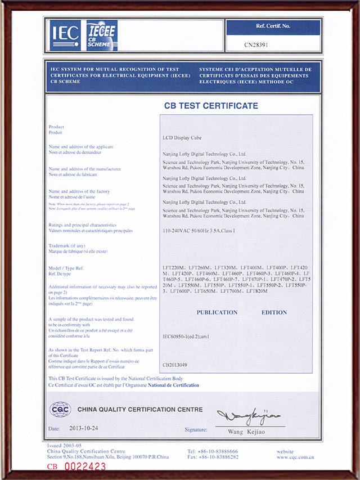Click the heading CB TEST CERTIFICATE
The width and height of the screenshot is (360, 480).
211,106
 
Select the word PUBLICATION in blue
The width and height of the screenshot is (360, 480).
217,312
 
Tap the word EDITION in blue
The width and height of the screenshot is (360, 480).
274,312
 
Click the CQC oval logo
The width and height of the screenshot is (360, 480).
60,409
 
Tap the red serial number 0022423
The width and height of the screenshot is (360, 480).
85,466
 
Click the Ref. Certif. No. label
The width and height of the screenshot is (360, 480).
273,26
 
